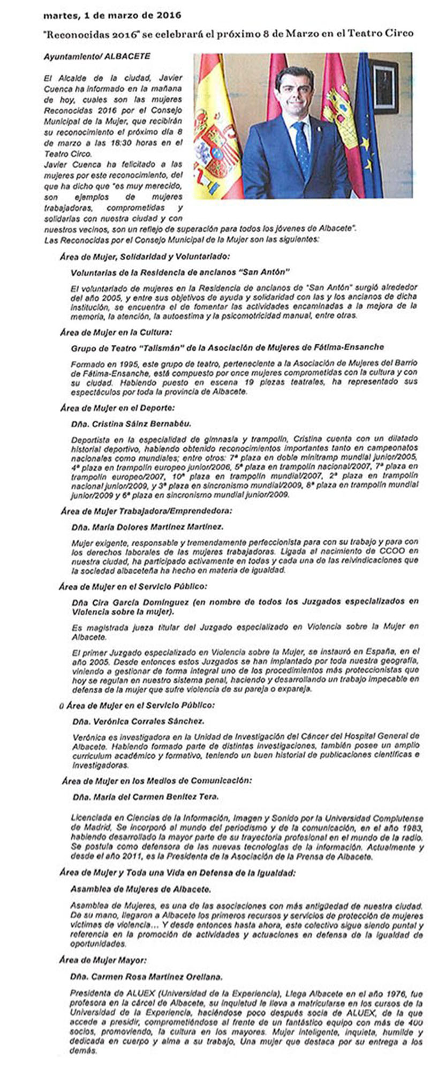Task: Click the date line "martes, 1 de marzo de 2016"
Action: pyautogui.click(x=112, y=16)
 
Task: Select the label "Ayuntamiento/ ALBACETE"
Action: pyautogui.click(x=97, y=56)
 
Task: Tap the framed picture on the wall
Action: pyautogui.click(x=383, y=86)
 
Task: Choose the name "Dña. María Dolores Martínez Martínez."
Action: pyautogui.click(x=147, y=526)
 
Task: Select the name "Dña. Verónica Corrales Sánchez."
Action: pyautogui.click(x=138, y=721)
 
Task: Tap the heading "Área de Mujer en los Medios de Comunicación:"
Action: pyautogui.click(x=156, y=781)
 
